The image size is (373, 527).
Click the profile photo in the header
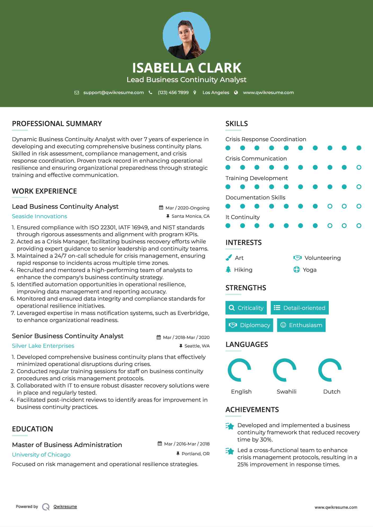[x=186, y=36]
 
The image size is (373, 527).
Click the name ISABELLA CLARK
[x=186, y=68]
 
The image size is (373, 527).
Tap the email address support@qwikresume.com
[x=113, y=92]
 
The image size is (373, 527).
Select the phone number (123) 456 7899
[x=173, y=92]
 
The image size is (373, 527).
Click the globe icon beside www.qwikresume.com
[x=236, y=92]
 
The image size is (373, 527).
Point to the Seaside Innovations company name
[x=40, y=216]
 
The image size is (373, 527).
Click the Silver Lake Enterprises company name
[x=43, y=346]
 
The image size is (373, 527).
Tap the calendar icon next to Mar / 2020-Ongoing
[x=161, y=208]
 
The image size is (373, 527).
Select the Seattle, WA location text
[x=197, y=346]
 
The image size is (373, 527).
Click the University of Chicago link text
[x=41, y=455]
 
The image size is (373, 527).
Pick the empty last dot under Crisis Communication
[x=359, y=167]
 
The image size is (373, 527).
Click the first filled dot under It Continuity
[x=228, y=226]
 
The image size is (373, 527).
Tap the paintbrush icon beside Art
[x=229, y=258]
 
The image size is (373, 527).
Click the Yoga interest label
[x=309, y=270]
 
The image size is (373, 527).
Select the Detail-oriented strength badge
[x=300, y=308]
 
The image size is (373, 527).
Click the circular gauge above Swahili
[x=284, y=370]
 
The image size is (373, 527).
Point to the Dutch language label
[x=332, y=392]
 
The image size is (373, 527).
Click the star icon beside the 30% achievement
[x=230, y=426]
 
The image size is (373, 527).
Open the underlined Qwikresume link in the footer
[x=65, y=507]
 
